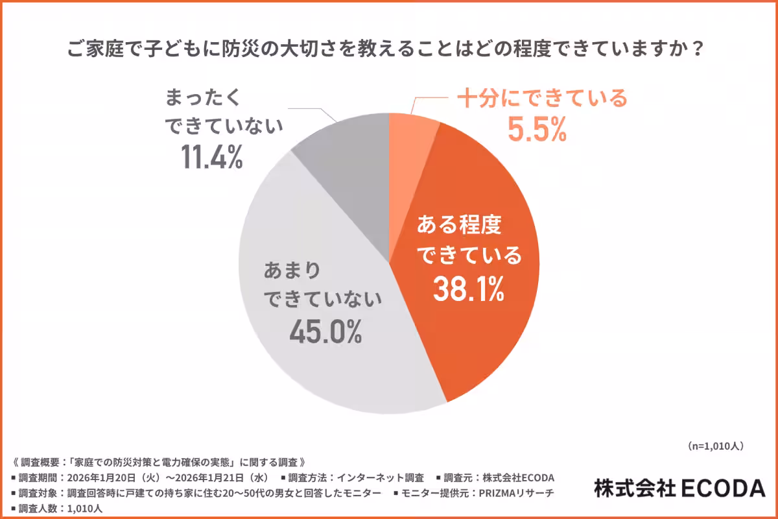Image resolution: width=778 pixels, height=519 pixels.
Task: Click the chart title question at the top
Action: (x=387, y=50)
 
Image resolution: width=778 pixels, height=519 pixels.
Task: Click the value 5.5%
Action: (x=537, y=130)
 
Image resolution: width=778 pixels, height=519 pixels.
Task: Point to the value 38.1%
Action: (x=468, y=290)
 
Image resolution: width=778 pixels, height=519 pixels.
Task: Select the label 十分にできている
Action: (x=542, y=99)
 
